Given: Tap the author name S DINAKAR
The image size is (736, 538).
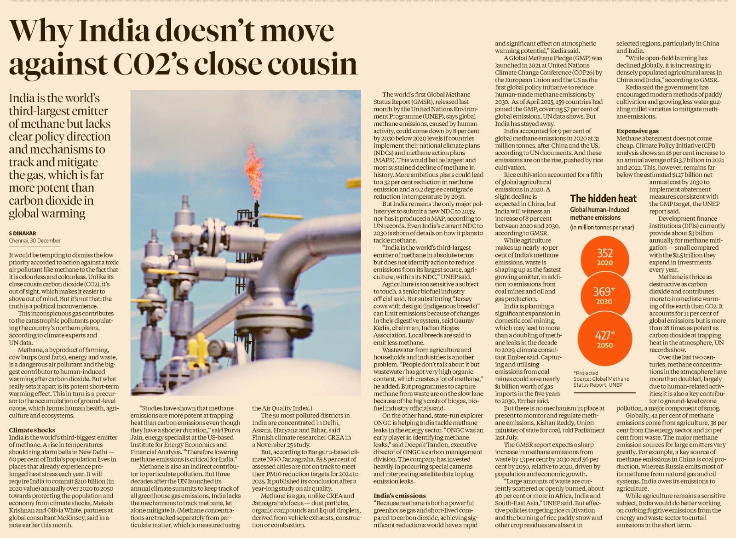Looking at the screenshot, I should [23, 233].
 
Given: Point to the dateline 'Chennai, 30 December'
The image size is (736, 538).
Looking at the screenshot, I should [34, 240].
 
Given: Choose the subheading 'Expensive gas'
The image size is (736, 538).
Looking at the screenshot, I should [638, 131].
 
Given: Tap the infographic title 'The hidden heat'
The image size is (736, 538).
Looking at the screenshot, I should [603, 199].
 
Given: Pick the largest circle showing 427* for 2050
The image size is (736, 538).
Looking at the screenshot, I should [604, 339].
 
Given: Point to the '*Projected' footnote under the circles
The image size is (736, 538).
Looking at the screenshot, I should [586, 373].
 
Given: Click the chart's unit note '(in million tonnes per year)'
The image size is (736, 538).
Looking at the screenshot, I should [602, 227].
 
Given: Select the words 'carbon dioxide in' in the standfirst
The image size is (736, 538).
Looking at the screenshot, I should [51, 200].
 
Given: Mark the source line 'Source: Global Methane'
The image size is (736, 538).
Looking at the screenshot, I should [601, 379].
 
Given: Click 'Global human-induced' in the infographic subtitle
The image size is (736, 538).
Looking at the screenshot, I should [599, 210].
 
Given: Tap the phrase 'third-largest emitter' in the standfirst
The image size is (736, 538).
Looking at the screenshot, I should [58, 111].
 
